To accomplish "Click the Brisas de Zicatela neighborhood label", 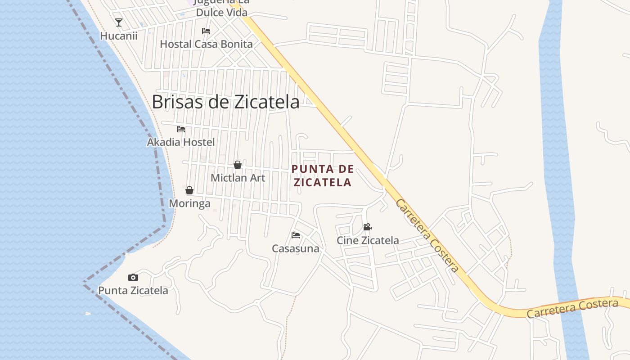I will [225, 102].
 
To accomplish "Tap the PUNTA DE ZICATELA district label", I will [322, 175].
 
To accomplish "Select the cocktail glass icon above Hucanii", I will [119, 22].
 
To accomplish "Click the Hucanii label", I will [119, 36].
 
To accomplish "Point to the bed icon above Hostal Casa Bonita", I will [206, 31].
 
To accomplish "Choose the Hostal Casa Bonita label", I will [206, 44].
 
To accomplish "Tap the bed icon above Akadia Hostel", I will [181, 129].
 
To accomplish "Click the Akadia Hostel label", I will [181, 142].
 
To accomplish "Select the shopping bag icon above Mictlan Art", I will [238, 165].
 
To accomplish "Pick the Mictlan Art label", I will [238, 178].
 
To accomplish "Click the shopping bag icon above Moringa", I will [189, 190].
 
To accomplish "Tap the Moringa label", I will [189, 203].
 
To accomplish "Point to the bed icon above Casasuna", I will [296, 235].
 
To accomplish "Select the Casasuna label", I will [296, 248].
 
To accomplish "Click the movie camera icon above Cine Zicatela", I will [368, 227].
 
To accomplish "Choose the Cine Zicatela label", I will [368, 240].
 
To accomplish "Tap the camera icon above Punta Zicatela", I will [133, 277].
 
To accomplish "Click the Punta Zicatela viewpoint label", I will [133, 290].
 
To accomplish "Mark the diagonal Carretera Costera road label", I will [427, 236].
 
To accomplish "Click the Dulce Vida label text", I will [221, 12].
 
